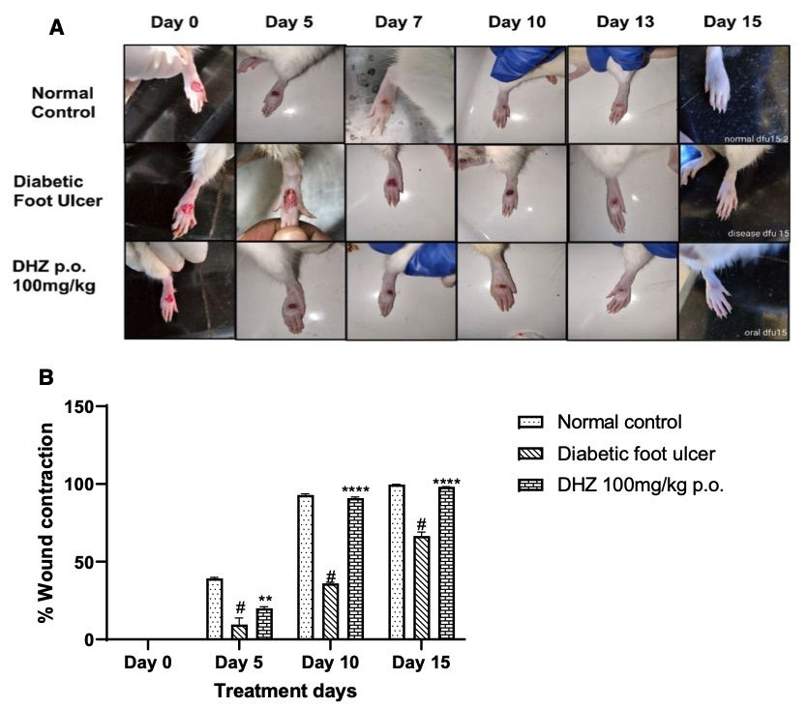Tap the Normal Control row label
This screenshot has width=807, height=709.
point(63,103)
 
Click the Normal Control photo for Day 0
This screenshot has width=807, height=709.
point(180,94)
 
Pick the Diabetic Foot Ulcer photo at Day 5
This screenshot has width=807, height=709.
point(290,192)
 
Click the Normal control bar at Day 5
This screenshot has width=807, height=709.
point(215,608)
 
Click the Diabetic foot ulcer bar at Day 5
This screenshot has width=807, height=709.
point(239,632)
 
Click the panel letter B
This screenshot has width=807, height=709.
point(45,378)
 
